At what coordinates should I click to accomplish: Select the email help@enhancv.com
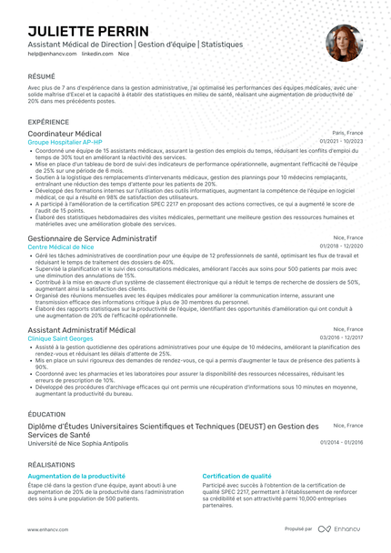click(x=51, y=55)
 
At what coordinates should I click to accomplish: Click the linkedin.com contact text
click(x=97, y=55)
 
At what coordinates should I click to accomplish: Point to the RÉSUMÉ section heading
click(x=41, y=77)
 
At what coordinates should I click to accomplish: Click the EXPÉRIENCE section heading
click(x=47, y=121)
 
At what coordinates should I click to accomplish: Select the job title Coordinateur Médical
click(x=65, y=134)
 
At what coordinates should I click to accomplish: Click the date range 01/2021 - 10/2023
click(x=341, y=142)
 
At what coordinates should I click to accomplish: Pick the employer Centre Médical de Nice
click(x=61, y=246)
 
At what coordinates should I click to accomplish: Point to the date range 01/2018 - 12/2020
click(x=341, y=246)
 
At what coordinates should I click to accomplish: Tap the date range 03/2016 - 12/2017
click(x=341, y=338)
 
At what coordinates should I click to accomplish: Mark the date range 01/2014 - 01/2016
click(x=341, y=443)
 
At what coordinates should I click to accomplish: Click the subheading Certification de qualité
click(x=236, y=476)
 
